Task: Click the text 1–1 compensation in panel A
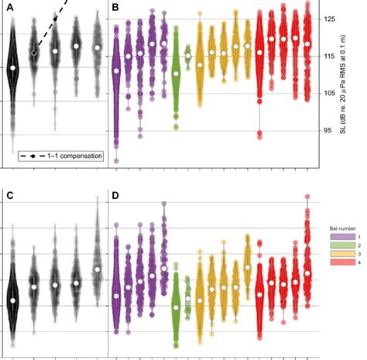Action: point(73,156)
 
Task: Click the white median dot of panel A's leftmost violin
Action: point(12,68)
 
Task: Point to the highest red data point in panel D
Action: point(307,197)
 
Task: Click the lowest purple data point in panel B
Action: point(116,161)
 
